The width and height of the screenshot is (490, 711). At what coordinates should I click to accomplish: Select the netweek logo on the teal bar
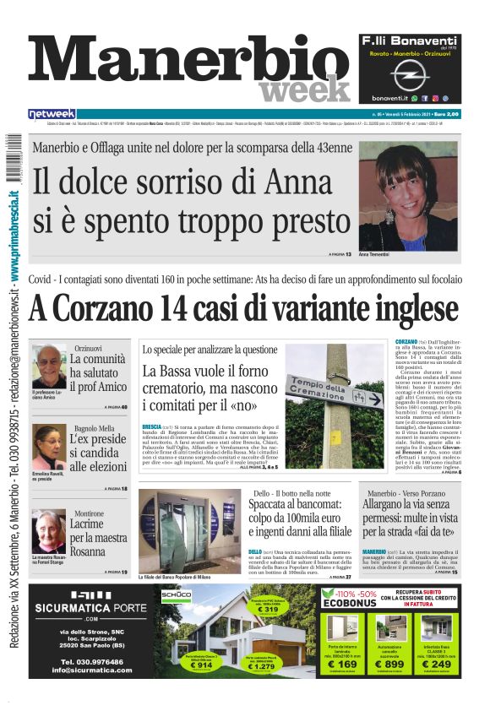tap(52, 114)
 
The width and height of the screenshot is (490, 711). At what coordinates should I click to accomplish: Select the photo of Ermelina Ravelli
tap(48, 446)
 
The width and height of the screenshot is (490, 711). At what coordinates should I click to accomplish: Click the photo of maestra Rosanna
tap(48, 531)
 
